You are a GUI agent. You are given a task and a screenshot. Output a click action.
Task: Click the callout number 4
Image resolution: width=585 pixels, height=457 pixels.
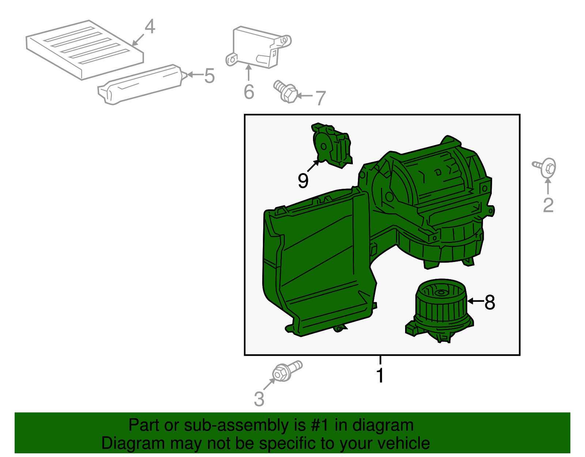point(150,27)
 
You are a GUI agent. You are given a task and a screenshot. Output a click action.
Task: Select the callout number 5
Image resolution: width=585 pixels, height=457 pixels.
point(209,76)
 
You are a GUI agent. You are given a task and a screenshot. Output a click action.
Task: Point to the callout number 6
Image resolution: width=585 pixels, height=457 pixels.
point(249,91)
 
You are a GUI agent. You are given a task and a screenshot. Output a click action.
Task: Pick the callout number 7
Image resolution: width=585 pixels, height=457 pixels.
point(320,98)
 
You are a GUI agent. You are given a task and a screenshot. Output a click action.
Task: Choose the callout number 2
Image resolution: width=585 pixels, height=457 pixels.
point(548,205)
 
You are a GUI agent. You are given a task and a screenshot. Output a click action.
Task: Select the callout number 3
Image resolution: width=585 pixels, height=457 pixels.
point(259,399)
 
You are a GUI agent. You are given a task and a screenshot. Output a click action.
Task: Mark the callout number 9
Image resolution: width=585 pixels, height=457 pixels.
point(303,180)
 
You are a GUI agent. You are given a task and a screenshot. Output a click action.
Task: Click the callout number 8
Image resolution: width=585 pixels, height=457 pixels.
point(490,302)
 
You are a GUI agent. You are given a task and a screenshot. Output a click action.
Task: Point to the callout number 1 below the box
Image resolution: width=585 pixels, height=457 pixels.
point(380,375)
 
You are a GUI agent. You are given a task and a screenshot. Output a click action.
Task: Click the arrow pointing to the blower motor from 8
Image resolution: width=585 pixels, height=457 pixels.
point(475,301)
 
